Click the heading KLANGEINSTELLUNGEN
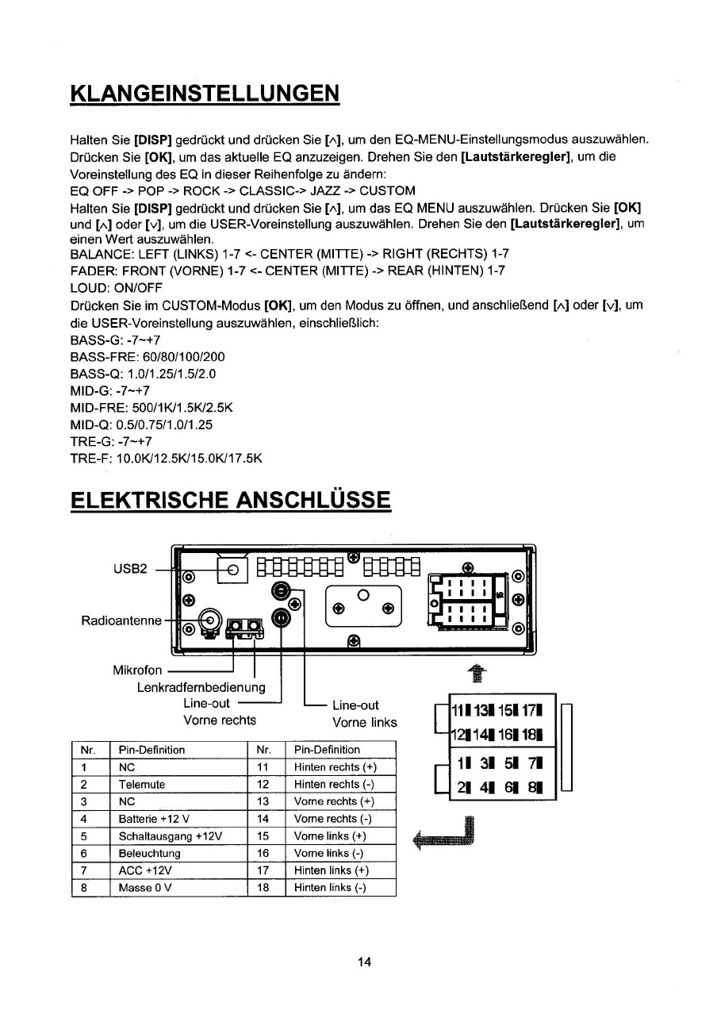pyautogui.click(x=205, y=92)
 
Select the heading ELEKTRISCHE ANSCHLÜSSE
pyautogui.click(x=231, y=501)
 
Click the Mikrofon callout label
pyautogui.click(x=138, y=670)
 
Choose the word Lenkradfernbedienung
pyautogui.click(x=201, y=687)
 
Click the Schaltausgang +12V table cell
pyautogui.click(x=170, y=836)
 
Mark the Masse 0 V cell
pyautogui.click(x=147, y=888)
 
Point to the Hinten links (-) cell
pyautogui.click(x=330, y=888)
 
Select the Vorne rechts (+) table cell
pyautogui.click(x=333, y=801)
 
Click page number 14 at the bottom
pyautogui.click(x=364, y=962)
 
